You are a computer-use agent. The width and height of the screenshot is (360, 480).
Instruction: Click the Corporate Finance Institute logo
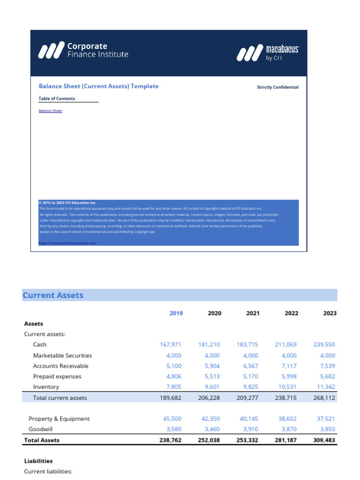pos(83,50)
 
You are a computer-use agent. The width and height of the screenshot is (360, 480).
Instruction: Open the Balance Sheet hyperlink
pos(50,111)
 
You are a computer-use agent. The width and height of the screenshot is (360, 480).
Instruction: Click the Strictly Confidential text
pos(277,87)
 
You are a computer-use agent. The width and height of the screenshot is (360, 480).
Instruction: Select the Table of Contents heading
pos(57,98)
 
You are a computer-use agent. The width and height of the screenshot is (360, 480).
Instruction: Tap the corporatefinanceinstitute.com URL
pos(67,243)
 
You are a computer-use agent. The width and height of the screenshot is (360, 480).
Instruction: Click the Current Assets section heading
pos(53,295)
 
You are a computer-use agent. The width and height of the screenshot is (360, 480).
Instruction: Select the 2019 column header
pos(176,313)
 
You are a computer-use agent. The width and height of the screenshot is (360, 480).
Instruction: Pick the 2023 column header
pos(330,313)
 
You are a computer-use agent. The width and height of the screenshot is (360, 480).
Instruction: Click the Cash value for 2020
pos(209,344)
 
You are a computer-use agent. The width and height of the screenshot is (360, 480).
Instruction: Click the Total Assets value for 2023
pos(324,440)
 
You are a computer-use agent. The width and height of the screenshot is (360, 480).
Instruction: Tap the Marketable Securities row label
pos(62,355)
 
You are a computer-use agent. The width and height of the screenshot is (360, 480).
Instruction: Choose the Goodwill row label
pos(40,429)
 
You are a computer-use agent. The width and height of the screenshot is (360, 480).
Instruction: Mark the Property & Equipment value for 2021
pos(248,419)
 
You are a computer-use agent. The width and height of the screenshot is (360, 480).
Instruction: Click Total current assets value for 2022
pos(285,397)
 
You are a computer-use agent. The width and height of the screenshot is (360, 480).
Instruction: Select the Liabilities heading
pos(38,461)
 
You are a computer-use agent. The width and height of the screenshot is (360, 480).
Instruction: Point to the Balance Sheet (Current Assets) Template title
pos(98,86)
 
